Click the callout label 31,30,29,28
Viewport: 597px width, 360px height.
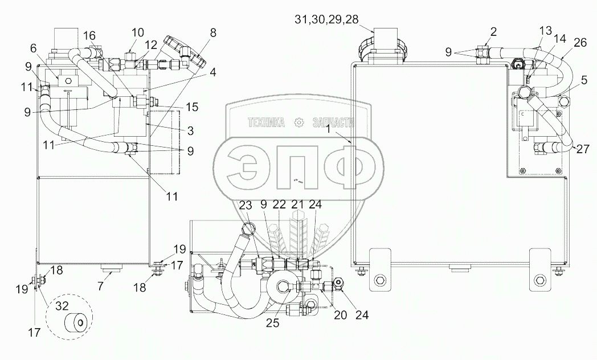tap(326, 19)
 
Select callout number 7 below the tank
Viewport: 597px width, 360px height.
tap(100, 286)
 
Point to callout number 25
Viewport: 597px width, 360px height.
tap(273, 323)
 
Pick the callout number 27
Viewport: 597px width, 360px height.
tap(583, 149)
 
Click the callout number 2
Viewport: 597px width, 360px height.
tap(493, 31)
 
